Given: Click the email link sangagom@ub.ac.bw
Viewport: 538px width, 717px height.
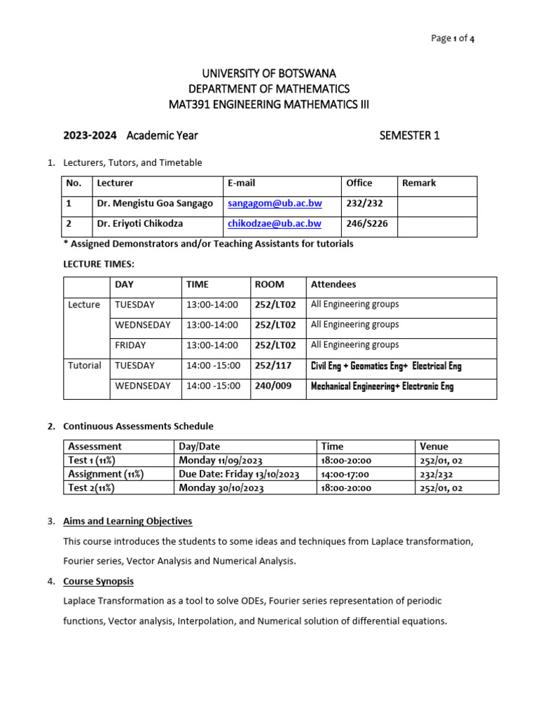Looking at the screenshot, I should [x=275, y=204].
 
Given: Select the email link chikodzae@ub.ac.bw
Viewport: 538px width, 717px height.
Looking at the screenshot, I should [x=275, y=223].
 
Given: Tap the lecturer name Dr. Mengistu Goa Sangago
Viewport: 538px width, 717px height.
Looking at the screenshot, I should [x=155, y=204].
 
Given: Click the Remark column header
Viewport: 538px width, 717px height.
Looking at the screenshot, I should [x=419, y=183].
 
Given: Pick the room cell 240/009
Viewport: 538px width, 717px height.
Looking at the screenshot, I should [x=273, y=386].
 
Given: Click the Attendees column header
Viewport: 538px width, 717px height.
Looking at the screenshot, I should [x=333, y=284].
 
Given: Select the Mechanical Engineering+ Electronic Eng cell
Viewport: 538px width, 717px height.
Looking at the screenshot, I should [x=382, y=387].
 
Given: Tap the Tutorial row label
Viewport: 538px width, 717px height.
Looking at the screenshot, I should [x=85, y=366].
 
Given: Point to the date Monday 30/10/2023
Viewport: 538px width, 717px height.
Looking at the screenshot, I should [x=221, y=488].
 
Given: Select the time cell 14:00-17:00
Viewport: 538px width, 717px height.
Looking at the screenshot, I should [x=345, y=474].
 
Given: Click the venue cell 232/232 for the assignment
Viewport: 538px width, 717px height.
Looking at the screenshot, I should [x=436, y=474].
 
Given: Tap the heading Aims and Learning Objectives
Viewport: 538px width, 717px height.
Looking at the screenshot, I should [x=127, y=521].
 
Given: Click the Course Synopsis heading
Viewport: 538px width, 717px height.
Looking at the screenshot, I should [x=98, y=581].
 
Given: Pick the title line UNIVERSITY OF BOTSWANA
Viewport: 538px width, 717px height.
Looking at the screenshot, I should [x=269, y=74].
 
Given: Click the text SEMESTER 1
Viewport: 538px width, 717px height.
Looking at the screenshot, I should [x=410, y=136].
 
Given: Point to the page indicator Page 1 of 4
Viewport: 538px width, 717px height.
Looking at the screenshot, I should [x=453, y=39].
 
